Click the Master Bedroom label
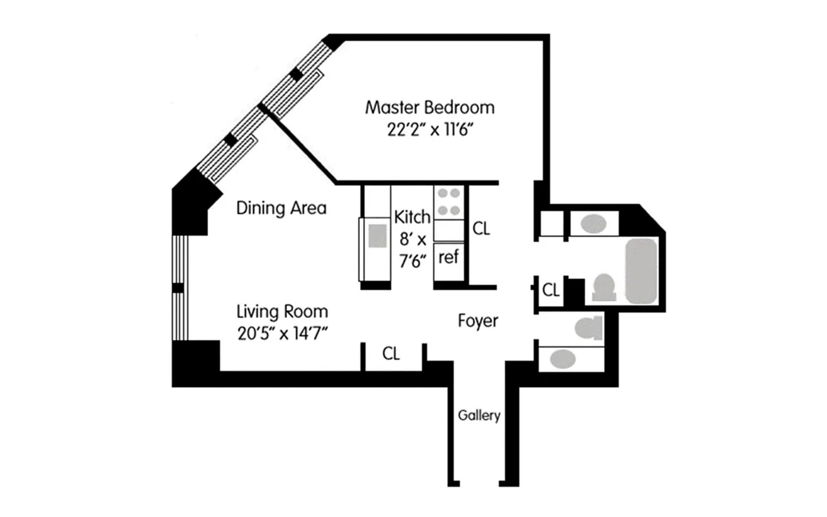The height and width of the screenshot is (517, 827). [430, 107]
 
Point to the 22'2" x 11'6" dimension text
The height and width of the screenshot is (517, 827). [430, 129]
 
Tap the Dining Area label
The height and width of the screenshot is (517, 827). [281, 208]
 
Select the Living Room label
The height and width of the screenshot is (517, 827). [282, 311]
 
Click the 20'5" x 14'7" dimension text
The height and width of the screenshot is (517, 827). [282, 333]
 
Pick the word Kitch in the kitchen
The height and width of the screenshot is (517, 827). [412, 216]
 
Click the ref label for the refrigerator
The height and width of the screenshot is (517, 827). [449, 257]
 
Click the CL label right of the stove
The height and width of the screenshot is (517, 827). [481, 227]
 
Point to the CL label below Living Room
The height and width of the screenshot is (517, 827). [391, 353]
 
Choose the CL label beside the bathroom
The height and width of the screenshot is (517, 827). [550, 290]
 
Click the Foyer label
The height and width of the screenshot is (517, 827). [478, 320]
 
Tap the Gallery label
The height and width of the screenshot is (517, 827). [479, 416]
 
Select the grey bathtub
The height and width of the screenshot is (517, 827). [641, 271]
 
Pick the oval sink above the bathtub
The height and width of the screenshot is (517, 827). [593, 224]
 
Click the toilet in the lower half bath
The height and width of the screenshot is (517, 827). [589, 328]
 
